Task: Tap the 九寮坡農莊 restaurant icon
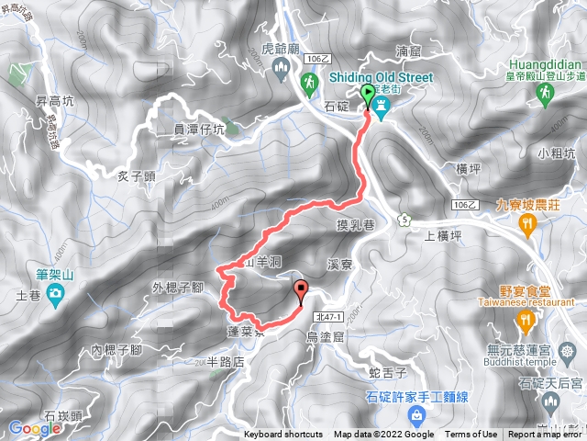pyautogui.click(x=526, y=224)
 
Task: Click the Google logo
pyautogui.click(x=34, y=427)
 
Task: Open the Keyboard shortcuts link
pyautogui.click(x=283, y=435)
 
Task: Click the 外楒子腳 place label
pyautogui.click(x=177, y=288)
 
